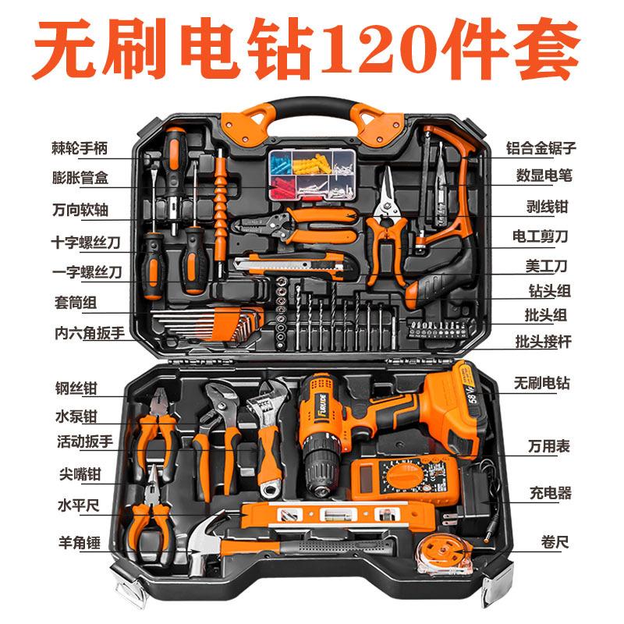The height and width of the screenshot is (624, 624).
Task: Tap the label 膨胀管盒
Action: pos(80,178)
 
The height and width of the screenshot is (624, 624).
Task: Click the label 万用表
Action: pos(547,446)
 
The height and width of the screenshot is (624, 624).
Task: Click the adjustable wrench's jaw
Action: pos(263,394)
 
